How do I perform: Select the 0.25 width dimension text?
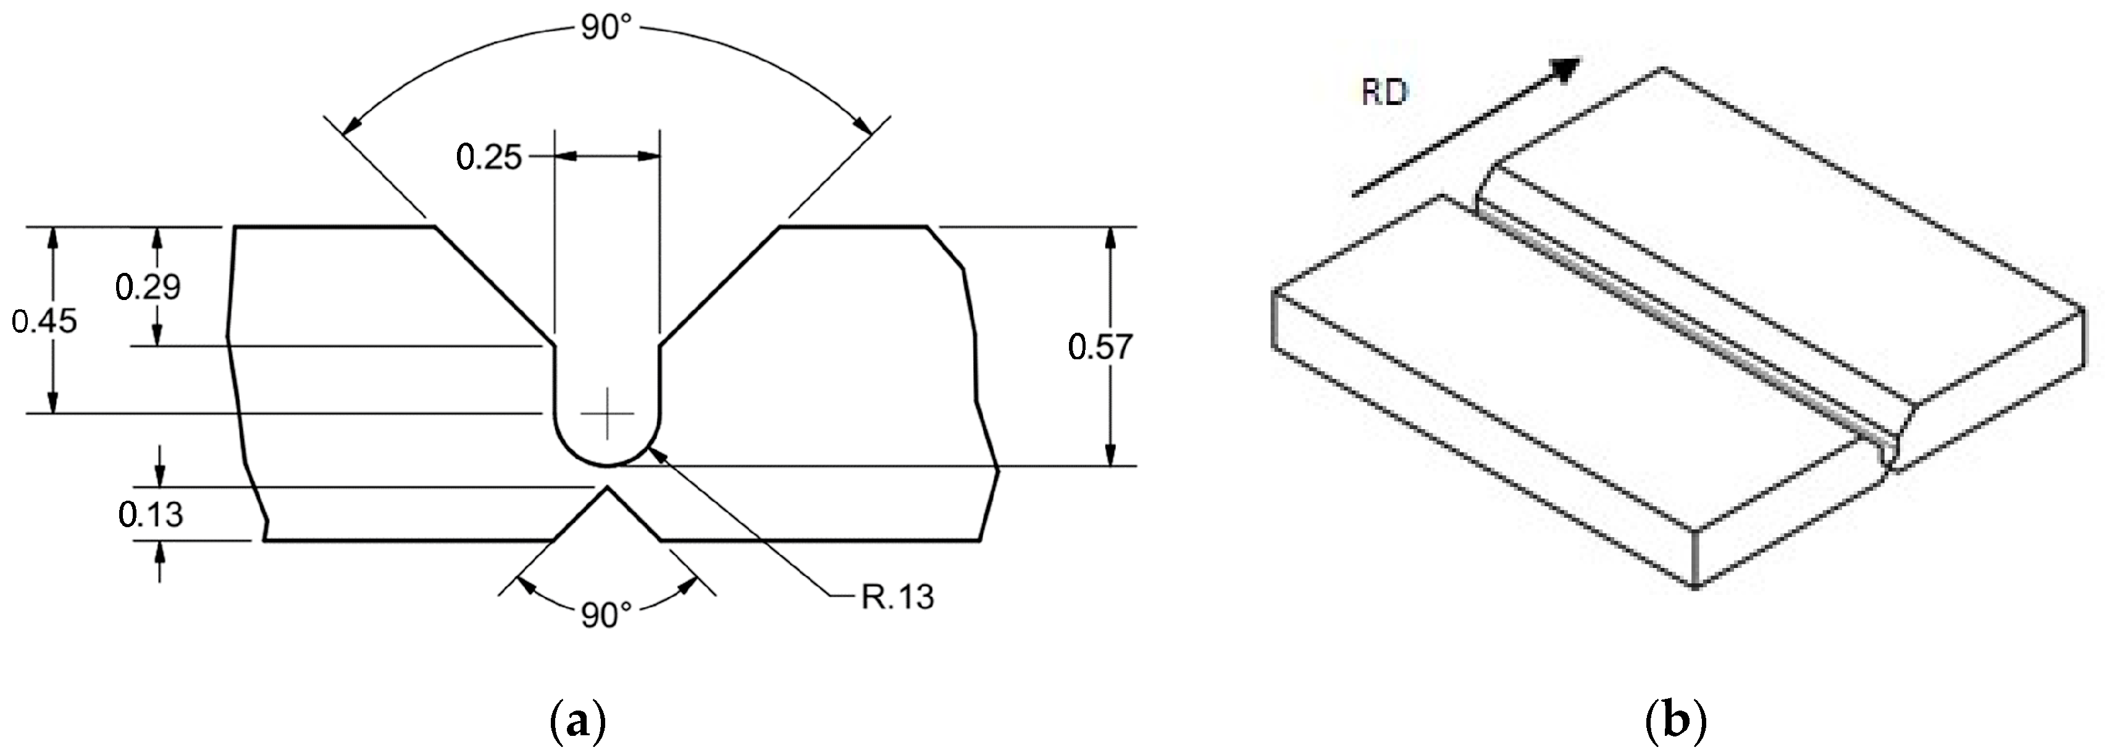point(488,157)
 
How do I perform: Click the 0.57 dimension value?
point(1100,348)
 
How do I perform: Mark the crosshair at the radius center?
point(607,414)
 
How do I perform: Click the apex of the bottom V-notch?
point(607,488)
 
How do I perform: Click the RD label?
point(1384,93)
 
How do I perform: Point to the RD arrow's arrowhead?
point(1566,70)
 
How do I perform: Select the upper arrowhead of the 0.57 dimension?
point(1110,237)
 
